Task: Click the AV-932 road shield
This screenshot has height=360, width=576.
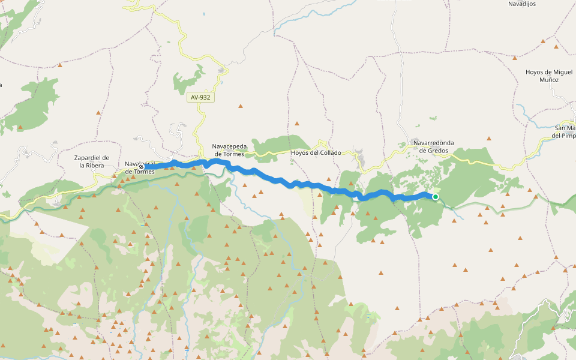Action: [200, 97]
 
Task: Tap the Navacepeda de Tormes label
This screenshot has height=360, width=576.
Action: [228, 150]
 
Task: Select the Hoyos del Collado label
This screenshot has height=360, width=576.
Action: [316, 152]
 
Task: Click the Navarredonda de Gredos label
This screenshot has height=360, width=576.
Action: [433, 146]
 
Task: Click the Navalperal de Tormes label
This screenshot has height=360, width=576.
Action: [140, 167]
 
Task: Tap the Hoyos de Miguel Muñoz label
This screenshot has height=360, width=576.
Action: [549, 76]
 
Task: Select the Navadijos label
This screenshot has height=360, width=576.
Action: [523, 4]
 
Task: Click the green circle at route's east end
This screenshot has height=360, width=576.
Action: [436, 197]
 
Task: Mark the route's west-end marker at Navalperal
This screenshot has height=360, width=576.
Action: [142, 167]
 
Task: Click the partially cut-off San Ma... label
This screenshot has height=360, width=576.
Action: [565, 131]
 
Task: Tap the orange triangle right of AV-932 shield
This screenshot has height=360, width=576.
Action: [241, 106]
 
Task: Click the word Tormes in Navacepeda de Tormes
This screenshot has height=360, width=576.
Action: [233, 154]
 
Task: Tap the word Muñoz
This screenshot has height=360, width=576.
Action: [549, 79]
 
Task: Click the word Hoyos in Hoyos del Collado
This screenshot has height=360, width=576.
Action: [299, 152]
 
